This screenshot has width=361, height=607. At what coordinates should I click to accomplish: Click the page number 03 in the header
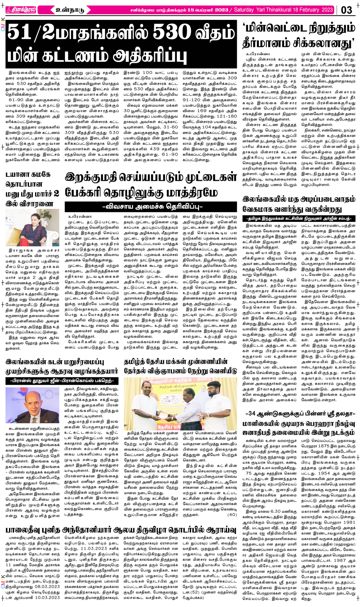coord(346,10)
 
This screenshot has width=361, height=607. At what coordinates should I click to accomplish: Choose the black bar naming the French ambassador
coord(61,380)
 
